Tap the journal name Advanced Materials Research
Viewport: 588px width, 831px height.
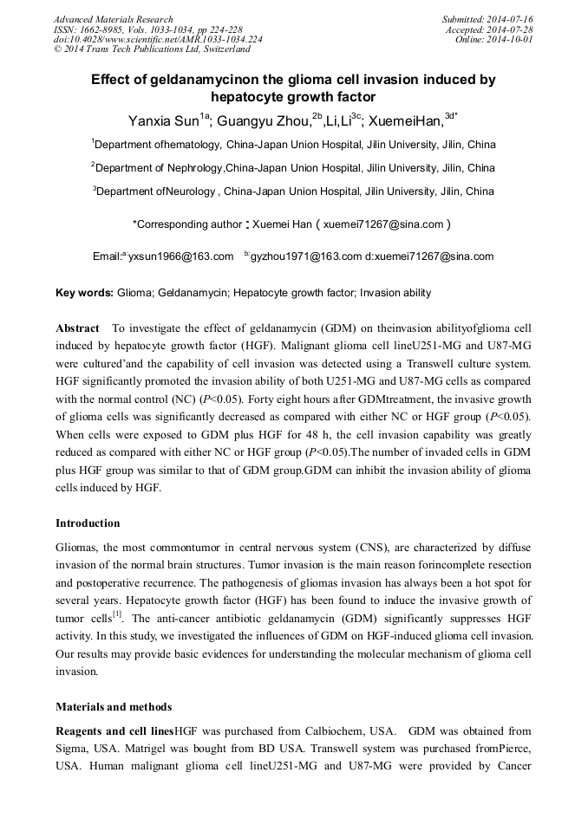113,19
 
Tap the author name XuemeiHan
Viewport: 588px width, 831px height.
407,121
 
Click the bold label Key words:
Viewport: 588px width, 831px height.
83,293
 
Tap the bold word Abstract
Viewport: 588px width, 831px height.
77,330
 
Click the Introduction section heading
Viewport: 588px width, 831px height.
88,523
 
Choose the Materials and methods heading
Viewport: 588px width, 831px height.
113,707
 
